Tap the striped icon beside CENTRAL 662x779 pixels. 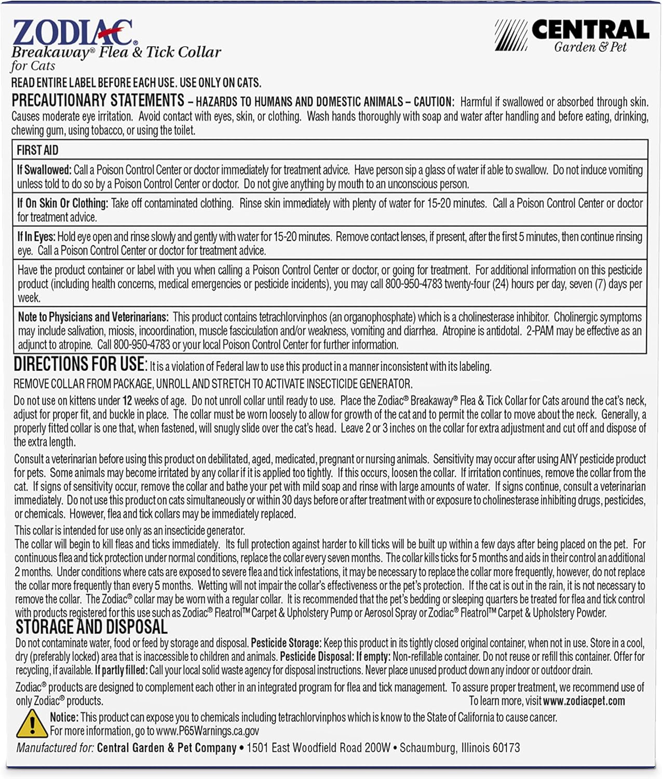pyautogui.click(x=510, y=35)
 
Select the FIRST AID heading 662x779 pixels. pyautogui.click(x=37, y=151)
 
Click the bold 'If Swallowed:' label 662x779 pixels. pyautogui.click(x=44, y=170)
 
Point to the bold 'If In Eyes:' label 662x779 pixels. pyautogui.click(x=36, y=237)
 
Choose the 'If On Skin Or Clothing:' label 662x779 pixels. pyautogui.click(x=62, y=204)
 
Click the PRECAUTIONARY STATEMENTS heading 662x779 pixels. pyautogui.click(x=98, y=100)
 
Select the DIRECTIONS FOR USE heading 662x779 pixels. pyautogui.click(x=80, y=365)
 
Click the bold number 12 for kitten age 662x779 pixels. pyautogui.click(x=127, y=401)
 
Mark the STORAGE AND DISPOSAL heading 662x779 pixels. pyautogui.click(x=91, y=627)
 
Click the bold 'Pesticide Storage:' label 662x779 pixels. pyautogui.click(x=286, y=643)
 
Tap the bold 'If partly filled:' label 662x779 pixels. pyautogui.click(x=121, y=670)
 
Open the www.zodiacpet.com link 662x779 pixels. pyautogui.click(x=584, y=701)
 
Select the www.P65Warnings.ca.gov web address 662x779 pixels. pyautogui.click(x=207, y=731)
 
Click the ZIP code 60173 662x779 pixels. pyautogui.click(x=506, y=748)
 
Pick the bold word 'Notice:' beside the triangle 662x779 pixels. pyautogui.click(x=64, y=718)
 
